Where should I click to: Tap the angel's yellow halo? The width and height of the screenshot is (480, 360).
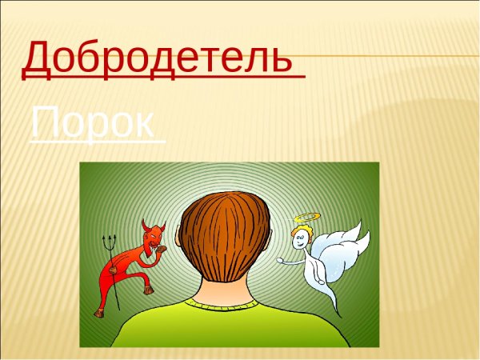[x=305, y=218]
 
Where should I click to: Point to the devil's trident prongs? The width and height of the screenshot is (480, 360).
[x=109, y=240]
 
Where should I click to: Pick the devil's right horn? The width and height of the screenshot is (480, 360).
[x=162, y=226]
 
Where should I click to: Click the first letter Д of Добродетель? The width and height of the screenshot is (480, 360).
[x=40, y=58]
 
